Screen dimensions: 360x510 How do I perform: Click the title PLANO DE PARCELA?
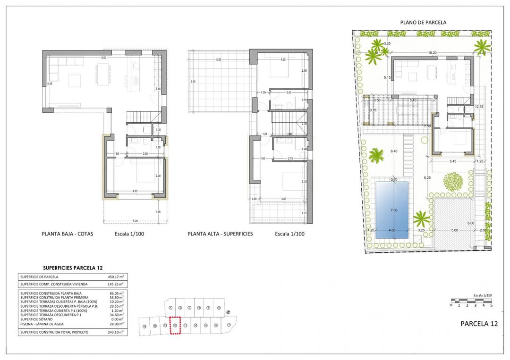[x=423, y=22]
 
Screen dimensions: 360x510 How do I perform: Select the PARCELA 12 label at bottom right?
[x=479, y=324]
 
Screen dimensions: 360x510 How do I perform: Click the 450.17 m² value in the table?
[x=115, y=277]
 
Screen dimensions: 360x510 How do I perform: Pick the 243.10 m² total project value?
[x=115, y=332]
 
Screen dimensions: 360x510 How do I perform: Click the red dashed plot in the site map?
[x=175, y=325]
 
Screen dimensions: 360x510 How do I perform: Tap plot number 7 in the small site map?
[x=229, y=325]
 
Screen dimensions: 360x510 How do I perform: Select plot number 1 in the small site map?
[x=170, y=308]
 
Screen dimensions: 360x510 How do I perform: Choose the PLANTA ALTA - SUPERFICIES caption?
[x=220, y=234]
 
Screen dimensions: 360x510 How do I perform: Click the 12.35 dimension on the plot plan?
[x=480, y=107]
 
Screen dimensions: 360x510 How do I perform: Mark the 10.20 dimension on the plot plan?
[x=432, y=53]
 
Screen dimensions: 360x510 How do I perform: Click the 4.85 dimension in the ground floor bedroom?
[x=135, y=191]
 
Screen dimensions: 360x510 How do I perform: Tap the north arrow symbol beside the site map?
[x=228, y=312]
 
